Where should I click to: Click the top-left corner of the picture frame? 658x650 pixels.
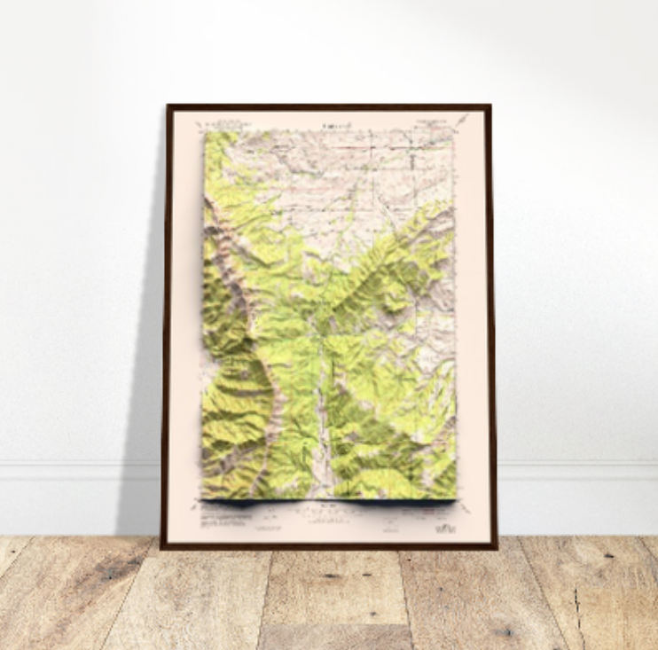point(168,106)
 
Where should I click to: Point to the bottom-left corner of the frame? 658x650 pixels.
point(162,547)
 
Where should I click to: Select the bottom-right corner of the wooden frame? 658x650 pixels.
point(496,547)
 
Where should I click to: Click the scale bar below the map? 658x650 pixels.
point(329,511)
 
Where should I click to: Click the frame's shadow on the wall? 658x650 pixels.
point(146,355)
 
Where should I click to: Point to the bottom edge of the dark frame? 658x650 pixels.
point(329,544)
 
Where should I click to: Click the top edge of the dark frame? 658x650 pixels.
point(328,107)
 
